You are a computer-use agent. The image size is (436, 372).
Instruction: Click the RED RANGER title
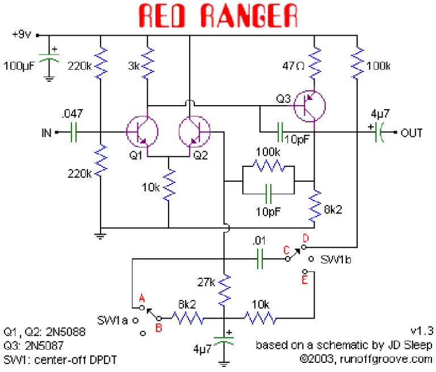[x=218, y=17]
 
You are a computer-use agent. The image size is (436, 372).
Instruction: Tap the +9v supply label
[x=23, y=35]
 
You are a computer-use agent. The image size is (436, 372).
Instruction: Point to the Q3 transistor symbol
[x=309, y=105]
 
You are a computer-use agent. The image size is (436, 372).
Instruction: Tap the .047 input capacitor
[x=73, y=133]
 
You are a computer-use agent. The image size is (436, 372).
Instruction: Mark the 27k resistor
[x=225, y=289]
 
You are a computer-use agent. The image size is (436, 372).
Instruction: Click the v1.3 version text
[x=421, y=331]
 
